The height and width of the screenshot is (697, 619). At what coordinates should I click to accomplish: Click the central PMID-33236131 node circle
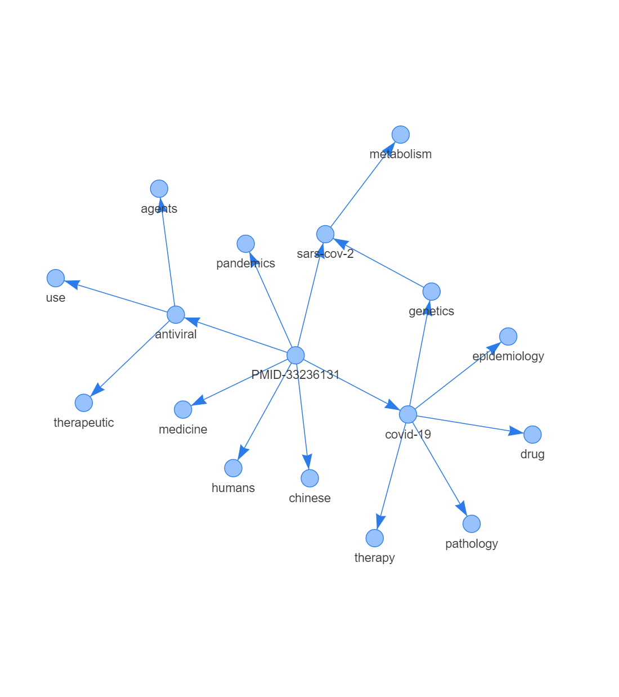tap(295, 355)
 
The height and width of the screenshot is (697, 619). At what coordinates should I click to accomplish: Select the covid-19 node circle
tap(408, 414)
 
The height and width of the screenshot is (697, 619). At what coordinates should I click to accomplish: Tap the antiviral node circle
tap(176, 315)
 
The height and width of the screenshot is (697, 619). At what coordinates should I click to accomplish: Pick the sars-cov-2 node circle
tap(325, 234)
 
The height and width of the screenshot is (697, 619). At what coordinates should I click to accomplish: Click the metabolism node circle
tap(401, 135)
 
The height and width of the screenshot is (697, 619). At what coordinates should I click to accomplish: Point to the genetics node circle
tap(432, 292)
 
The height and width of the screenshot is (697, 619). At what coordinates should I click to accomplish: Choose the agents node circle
tap(159, 189)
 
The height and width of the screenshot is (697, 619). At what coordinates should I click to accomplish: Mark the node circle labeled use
tap(56, 278)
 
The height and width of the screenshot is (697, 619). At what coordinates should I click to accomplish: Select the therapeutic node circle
tap(84, 403)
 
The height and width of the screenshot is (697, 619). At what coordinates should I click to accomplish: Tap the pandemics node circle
tap(245, 244)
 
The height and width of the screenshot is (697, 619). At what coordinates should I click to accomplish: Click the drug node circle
tap(532, 435)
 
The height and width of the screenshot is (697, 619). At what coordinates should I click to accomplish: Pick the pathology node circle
tap(472, 524)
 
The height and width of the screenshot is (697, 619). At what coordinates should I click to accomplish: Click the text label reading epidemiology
tap(508, 356)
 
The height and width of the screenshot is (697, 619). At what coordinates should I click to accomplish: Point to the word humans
tap(233, 488)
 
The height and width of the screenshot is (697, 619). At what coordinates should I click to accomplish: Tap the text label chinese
tap(309, 498)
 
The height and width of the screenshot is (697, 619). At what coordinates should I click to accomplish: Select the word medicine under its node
tap(183, 430)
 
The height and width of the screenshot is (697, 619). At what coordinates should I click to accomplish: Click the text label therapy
tap(374, 558)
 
